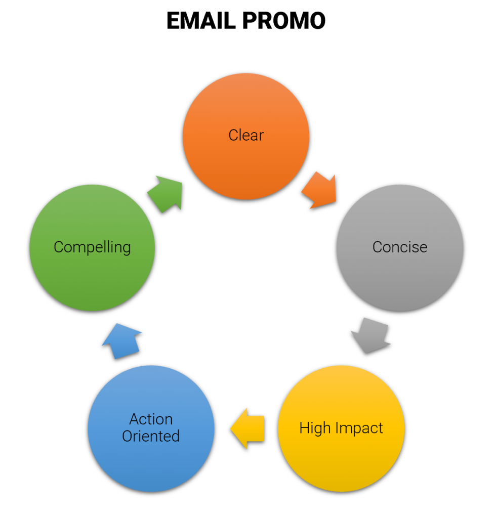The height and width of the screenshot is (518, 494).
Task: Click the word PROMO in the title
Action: tap(284, 20)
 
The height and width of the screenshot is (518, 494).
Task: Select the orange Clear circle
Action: tap(246, 136)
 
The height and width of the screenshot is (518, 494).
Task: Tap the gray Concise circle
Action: tap(400, 248)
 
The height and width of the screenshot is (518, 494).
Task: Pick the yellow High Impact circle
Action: tap(341, 428)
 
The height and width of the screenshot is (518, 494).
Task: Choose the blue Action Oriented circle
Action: tap(151, 428)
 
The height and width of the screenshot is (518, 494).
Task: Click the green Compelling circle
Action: tap(92, 248)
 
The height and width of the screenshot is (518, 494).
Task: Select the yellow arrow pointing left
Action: tap(248, 428)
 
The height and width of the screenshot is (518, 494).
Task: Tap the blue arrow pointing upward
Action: tap(122, 341)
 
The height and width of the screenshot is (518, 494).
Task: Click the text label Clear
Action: tap(246, 135)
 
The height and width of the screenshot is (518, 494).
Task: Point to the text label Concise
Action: tap(400, 247)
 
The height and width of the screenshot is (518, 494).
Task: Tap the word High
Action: tap(315, 428)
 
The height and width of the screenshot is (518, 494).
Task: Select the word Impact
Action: tap(359, 428)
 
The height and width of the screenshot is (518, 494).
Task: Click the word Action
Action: tap(151, 419)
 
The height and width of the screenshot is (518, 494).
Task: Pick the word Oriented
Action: tap(151, 436)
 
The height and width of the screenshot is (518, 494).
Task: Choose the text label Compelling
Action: tap(92, 247)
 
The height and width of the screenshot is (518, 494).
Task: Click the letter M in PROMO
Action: tap(295, 20)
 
